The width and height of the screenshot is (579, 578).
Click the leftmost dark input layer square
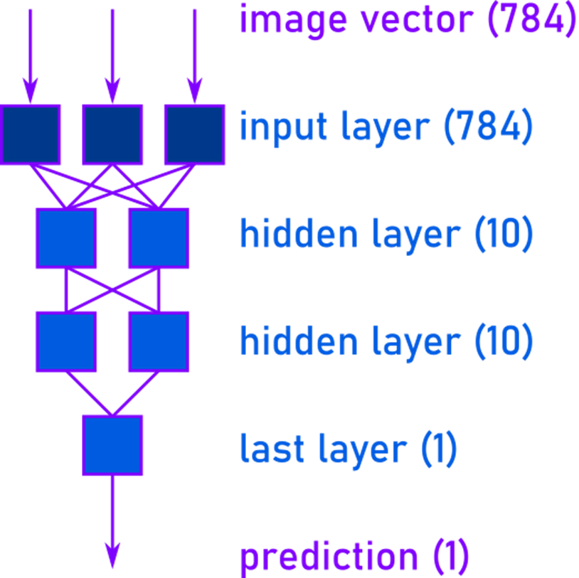31,134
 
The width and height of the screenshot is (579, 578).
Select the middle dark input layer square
112,134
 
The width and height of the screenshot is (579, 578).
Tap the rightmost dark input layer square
194,134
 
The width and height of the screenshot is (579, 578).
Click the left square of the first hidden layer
66,238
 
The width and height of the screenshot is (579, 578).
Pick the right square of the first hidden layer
159,238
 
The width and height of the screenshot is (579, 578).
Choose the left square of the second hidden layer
66,342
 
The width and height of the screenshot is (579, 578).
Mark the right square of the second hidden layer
159,342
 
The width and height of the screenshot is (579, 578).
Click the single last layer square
112,445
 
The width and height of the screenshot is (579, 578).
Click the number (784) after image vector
531,19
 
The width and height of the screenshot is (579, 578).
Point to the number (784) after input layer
487,128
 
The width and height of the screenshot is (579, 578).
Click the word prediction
329,558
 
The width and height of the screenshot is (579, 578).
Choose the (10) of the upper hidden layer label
503,234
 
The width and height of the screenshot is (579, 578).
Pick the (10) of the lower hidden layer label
503,341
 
